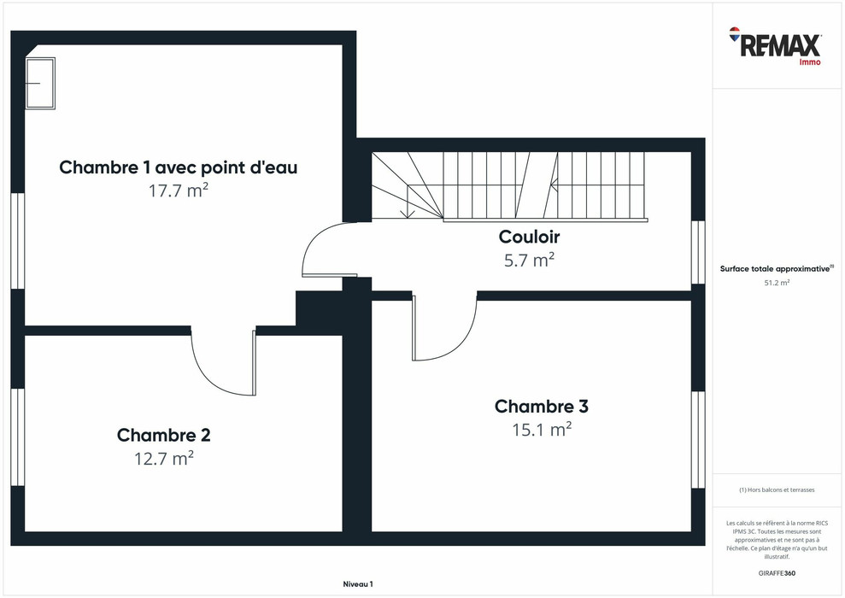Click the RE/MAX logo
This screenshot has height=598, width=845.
click(775, 46)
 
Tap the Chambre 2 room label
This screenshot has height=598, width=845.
click(164, 436)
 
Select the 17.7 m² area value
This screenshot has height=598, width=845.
click(179, 191)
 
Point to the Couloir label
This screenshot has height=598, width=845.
click(529, 237)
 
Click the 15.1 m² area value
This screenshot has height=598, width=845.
click(542, 430)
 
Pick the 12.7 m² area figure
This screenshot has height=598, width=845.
click(164, 459)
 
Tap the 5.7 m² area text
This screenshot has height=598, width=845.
click(529, 261)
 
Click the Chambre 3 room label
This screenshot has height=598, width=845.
click(542, 406)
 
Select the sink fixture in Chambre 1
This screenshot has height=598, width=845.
click(40, 84)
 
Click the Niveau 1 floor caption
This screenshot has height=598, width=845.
click(358, 584)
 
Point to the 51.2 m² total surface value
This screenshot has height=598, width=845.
click(777, 282)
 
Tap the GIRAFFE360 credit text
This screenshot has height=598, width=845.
click(777, 573)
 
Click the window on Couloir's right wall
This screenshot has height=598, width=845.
click(698, 252)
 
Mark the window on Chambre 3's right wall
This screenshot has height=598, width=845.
click(698, 440)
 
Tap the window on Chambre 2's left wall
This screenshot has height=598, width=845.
click(18, 437)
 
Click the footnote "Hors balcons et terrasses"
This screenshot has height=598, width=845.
click(777, 490)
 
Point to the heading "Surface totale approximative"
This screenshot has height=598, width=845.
click(777, 268)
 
